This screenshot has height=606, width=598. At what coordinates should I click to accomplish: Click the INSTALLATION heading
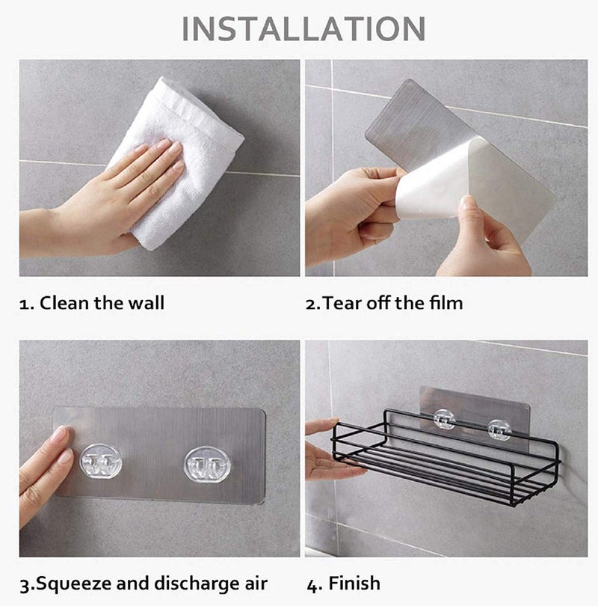pos(303,28)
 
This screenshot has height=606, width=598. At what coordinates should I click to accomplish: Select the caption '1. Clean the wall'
pos(92,303)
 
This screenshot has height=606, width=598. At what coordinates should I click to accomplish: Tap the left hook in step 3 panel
pos(100,464)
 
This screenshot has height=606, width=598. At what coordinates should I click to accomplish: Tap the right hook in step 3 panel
pos(206,465)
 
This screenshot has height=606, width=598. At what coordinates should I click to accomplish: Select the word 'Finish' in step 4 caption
pos(355,584)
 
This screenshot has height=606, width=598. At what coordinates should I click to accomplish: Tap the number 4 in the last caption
pos(311,584)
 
